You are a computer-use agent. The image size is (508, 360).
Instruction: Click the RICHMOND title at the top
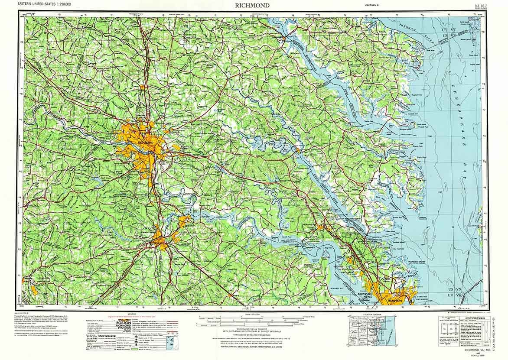(253, 5)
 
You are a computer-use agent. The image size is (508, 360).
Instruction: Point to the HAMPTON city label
(395, 300)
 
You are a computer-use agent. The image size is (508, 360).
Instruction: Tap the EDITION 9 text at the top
(372, 5)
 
